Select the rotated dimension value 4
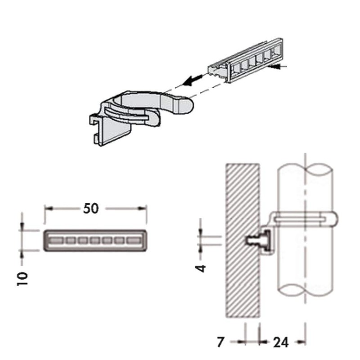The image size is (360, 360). point(202,268)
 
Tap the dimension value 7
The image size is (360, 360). point(220,342)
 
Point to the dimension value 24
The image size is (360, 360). point(281,342)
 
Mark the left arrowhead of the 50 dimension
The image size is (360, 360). point(47,208)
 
